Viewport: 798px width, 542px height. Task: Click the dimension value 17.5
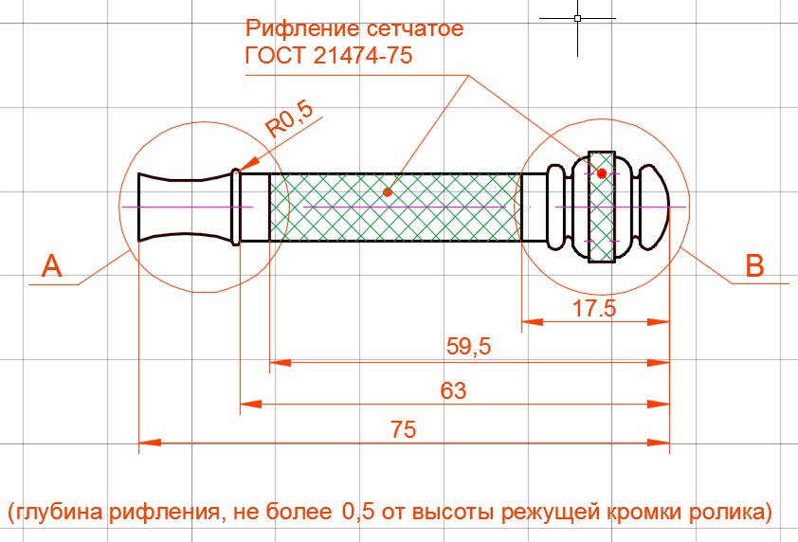point(595,307)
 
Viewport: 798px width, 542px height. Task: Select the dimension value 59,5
point(468,347)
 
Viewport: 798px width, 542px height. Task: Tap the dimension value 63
point(454,390)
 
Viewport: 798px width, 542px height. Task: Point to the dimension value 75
point(405,429)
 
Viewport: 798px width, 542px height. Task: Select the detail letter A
point(52,267)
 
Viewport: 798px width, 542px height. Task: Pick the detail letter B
point(755,267)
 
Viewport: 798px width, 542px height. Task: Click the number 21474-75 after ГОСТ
point(361,55)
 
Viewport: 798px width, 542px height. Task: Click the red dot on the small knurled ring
point(602,173)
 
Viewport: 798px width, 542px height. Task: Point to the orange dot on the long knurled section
point(388,191)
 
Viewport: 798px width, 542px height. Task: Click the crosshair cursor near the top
point(577,18)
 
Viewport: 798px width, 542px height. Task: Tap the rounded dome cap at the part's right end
point(653,206)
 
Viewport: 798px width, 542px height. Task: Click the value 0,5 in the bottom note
point(353,513)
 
